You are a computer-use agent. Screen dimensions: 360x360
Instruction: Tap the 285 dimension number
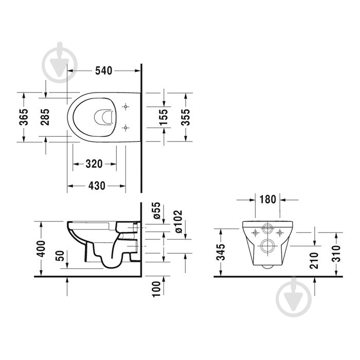[46, 117]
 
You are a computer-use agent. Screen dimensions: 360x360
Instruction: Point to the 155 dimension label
[164, 117]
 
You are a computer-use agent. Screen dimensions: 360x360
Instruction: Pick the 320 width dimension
[94, 164]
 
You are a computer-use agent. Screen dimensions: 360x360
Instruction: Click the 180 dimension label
[268, 199]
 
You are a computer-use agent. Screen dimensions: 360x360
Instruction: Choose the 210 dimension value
[315, 260]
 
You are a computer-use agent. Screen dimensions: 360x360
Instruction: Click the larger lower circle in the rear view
[268, 245]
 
